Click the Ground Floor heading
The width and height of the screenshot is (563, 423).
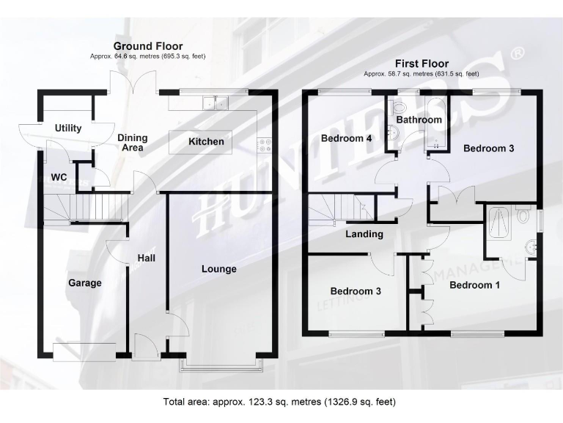pos(147,46)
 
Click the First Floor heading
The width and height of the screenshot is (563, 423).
pos(422,64)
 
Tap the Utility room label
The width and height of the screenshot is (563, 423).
pos(68,129)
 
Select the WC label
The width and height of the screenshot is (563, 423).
pos(59,177)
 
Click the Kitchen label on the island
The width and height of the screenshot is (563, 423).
pos(206,141)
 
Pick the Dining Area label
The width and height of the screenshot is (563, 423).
pos(132,142)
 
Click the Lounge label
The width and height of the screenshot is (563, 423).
pos(219,269)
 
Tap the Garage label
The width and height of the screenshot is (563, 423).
pos(85,283)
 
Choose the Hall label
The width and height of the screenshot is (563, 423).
pos(147,258)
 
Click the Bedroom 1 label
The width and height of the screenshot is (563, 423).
pos(474,285)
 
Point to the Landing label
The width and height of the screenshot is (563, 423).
pos(364,234)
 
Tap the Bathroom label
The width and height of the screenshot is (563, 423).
pos(419,120)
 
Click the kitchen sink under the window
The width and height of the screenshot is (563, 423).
pos(216,103)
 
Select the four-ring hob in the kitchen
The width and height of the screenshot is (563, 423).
pos(265,145)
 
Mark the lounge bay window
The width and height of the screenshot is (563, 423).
pos(221,363)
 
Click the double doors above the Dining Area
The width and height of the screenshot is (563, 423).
pos(133,81)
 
